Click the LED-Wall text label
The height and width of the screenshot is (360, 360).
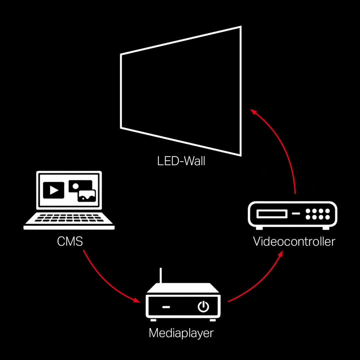tap(181, 161)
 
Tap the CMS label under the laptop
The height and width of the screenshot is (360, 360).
tap(70, 241)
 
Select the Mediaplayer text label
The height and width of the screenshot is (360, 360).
tap(181, 333)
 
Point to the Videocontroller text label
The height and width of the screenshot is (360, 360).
tap(294, 242)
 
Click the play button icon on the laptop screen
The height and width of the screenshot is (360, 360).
tap(53, 190)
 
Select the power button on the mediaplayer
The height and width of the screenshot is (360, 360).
tap(203, 307)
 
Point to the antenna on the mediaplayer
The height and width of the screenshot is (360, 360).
tap(161, 276)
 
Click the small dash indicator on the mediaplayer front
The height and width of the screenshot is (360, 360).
tap(166, 307)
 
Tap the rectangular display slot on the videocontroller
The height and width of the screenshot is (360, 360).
tap(272, 214)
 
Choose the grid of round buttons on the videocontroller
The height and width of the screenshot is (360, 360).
tap(318, 214)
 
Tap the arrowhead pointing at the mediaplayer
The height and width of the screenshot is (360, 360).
tap(137, 300)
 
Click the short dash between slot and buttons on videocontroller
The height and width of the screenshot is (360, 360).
tap(296, 214)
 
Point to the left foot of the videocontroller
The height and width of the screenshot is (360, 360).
tap(259, 228)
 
